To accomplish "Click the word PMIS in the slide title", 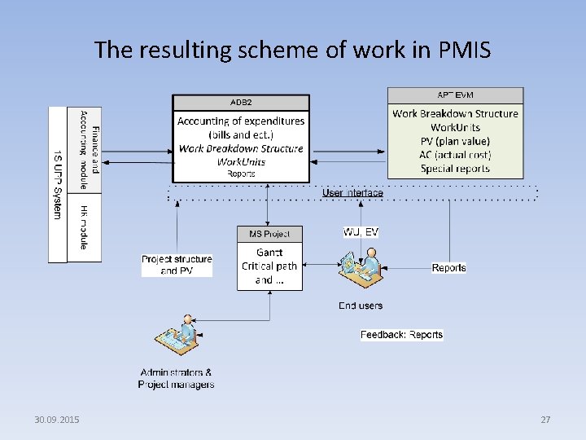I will pos(463,51).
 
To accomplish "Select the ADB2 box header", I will pos(241,103).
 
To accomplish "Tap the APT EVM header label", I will pos(455,95).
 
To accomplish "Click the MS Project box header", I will pos(269,235).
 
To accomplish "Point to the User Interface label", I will pos(352,193).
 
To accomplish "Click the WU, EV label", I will pos(361,232).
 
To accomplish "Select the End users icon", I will pos(360,269).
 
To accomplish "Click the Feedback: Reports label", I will pos(402,335).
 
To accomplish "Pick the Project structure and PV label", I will pos(177,265).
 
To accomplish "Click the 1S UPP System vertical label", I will pos(57,184).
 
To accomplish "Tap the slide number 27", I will pos(545,420).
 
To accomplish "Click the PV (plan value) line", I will pos(455,141).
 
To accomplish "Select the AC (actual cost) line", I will pos(455,155).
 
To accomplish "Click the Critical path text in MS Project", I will pos(269,266).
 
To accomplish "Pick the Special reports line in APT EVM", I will pos(455,169).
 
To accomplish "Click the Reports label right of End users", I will pos(448,267).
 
